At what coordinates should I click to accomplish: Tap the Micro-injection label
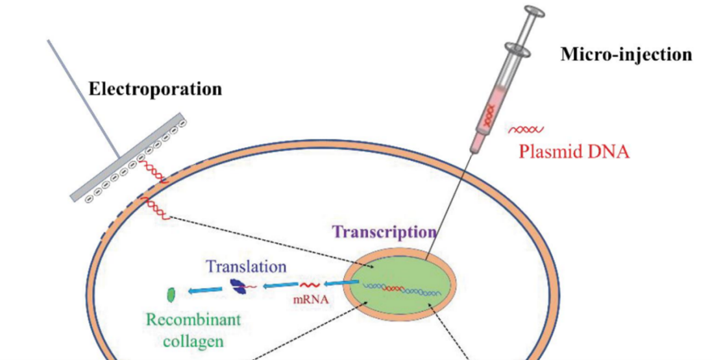click(x=626, y=54)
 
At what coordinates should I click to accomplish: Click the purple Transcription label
click(x=384, y=232)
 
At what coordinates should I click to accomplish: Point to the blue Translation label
click(x=246, y=266)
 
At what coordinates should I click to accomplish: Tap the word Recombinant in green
click(x=193, y=320)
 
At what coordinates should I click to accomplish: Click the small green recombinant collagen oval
click(x=171, y=294)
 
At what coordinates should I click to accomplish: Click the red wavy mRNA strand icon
click(x=309, y=285)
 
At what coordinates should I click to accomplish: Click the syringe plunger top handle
click(x=532, y=12)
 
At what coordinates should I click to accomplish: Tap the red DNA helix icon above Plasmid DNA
click(x=525, y=130)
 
